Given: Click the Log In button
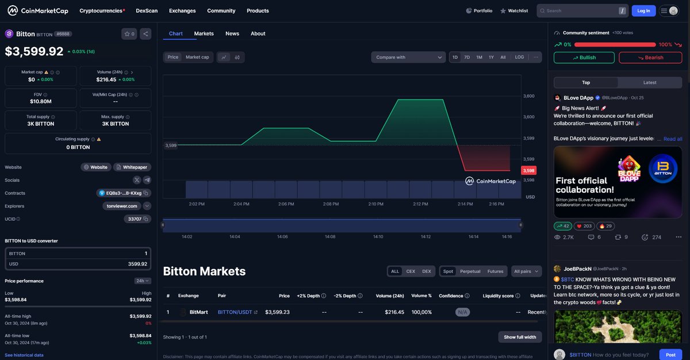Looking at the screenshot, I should click(643, 10).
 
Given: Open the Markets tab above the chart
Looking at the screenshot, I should click(204, 33).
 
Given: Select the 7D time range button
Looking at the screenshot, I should click(467, 57).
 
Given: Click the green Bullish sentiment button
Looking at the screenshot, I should click(584, 58).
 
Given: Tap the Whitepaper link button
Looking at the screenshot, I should click(132, 167).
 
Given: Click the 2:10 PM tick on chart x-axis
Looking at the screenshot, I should click(375, 204).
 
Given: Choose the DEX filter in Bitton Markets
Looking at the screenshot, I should click(426, 271).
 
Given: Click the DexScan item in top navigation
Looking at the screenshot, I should click(147, 10).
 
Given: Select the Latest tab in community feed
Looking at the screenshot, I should click(650, 82).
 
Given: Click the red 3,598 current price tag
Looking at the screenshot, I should click(528, 171).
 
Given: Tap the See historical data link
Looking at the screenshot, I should click(24, 355).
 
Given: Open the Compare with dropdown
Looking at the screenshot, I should click(408, 57).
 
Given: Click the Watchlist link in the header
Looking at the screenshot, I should click(514, 10).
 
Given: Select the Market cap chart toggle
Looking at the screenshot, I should click(197, 57).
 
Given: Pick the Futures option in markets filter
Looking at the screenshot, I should click(495, 271).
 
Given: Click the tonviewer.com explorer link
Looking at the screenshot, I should click(122, 206).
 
